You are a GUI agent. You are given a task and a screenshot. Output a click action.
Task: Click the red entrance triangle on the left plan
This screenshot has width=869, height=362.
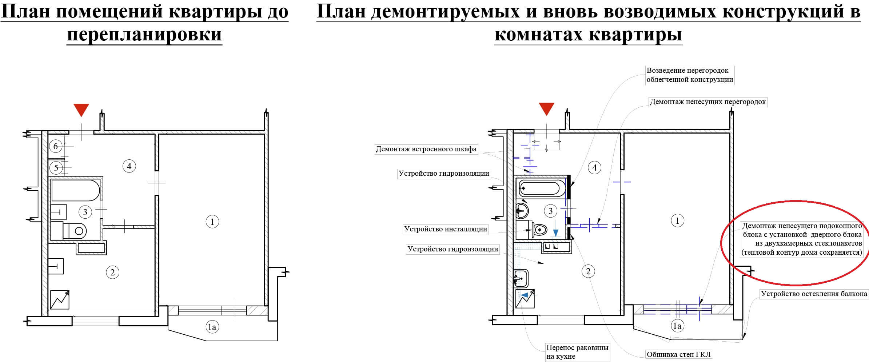click(x=81, y=110)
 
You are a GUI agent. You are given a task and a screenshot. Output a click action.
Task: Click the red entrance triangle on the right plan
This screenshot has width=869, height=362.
click(x=546, y=109)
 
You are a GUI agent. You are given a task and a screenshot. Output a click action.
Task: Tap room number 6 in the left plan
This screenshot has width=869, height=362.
click(x=56, y=146)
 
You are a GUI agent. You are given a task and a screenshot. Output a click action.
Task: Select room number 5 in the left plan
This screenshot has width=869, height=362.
click(x=56, y=168)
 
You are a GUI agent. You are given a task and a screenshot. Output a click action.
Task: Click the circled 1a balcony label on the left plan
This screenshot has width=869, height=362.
click(x=212, y=327)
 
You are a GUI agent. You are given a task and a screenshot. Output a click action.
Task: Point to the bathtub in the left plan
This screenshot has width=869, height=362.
click(x=75, y=190)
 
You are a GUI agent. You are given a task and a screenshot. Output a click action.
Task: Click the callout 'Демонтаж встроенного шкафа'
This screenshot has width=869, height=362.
click(x=426, y=149)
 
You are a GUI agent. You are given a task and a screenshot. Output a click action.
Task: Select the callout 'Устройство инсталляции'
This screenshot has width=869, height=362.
click(x=446, y=229)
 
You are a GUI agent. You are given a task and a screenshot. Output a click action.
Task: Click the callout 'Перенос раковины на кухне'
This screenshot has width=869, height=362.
click(x=577, y=352)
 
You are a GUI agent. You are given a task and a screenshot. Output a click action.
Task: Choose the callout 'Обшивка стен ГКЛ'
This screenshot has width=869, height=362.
click(x=679, y=354)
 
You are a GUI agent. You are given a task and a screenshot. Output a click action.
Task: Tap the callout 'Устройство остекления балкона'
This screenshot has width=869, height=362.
click(x=814, y=294)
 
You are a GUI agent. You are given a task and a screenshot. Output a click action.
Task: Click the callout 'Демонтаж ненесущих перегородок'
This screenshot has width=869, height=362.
click(x=708, y=102)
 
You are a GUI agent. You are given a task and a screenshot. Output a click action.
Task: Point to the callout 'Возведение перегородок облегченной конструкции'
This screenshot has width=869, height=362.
click(x=690, y=75)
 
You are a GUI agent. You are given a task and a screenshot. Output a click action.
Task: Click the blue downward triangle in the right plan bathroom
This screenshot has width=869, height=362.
click(x=556, y=233)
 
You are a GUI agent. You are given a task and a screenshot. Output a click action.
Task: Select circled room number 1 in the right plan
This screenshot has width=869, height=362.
click(x=677, y=220)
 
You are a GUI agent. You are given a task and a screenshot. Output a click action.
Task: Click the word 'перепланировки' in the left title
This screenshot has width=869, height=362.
click(x=144, y=35)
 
